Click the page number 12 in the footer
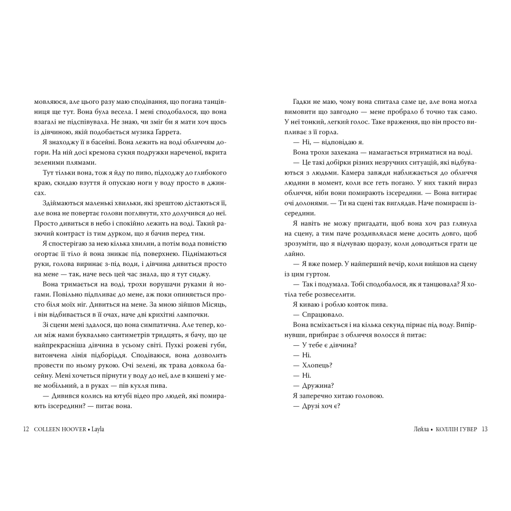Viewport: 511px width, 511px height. pyautogui.click(x=26, y=428)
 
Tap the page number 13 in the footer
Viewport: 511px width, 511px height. pyautogui.click(x=484, y=428)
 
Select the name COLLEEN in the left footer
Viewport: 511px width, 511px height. pyautogui.click(x=47, y=428)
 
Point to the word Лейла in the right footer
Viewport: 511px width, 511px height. pyautogui.click(x=417, y=428)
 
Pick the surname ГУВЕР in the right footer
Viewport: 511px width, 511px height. pyautogui.click(x=466, y=428)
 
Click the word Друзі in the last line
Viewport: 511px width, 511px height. pyautogui.click(x=311, y=405)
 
